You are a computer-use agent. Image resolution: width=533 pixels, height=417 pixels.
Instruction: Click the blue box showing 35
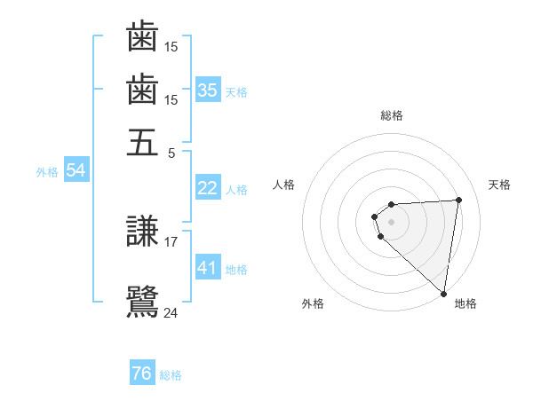tap(208, 90)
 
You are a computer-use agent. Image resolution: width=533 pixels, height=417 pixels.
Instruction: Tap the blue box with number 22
tap(208, 188)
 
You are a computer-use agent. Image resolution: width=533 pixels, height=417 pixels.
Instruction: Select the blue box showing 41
tap(208, 268)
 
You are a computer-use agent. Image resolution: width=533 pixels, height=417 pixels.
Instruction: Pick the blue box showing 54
tap(76, 171)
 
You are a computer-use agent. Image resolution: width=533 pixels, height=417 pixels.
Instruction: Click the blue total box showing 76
tap(142, 374)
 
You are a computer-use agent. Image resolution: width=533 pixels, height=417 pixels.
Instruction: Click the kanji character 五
tap(143, 141)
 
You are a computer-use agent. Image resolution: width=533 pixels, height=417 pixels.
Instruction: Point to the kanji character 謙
tap(143, 234)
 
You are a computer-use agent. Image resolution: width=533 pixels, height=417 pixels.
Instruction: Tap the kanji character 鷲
tap(143, 302)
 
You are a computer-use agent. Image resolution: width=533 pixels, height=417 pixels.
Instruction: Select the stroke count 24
tap(171, 312)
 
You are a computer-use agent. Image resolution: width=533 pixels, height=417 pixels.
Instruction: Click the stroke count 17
tap(171, 240)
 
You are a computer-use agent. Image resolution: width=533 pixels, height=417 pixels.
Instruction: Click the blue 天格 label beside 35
tap(236, 91)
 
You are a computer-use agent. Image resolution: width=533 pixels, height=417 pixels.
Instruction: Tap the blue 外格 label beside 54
tap(47, 172)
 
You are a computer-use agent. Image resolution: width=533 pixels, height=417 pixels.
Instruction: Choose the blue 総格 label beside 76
tap(171, 375)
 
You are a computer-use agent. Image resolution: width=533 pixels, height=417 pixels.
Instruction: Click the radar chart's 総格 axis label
tap(392, 115)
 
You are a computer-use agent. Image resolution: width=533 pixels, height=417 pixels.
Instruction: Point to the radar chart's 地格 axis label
tap(465, 304)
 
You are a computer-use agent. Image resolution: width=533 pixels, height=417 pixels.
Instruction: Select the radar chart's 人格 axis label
tap(284, 185)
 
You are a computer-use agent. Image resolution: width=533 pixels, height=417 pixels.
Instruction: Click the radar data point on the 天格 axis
tap(458, 200)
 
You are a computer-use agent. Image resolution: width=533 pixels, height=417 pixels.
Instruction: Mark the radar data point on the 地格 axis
tap(442, 293)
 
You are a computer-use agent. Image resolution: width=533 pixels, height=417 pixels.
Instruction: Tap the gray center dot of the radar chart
tap(392, 221)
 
